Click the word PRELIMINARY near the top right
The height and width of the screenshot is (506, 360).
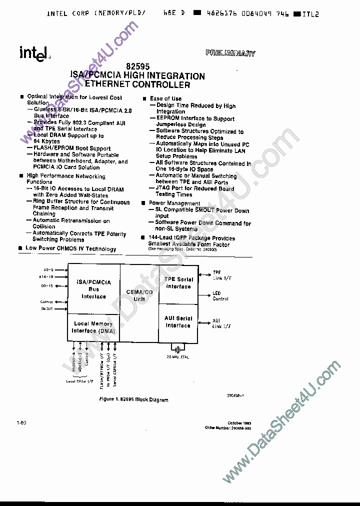click(x=230, y=53)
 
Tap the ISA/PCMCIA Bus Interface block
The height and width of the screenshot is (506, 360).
click(x=93, y=289)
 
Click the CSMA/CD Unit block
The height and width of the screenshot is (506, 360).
click(x=139, y=295)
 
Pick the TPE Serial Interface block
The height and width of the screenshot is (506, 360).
click(x=178, y=283)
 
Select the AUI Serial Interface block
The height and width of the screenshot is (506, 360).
click(x=178, y=321)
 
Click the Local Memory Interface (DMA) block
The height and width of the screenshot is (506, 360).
click(x=93, y=327)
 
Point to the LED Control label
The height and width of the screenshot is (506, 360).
click(x=220, y=296)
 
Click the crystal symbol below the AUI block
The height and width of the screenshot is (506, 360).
click(x=177, y=348)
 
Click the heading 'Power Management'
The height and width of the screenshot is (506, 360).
click(x=174, y=203)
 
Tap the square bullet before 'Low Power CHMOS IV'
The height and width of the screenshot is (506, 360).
click(x=20, y=248)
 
